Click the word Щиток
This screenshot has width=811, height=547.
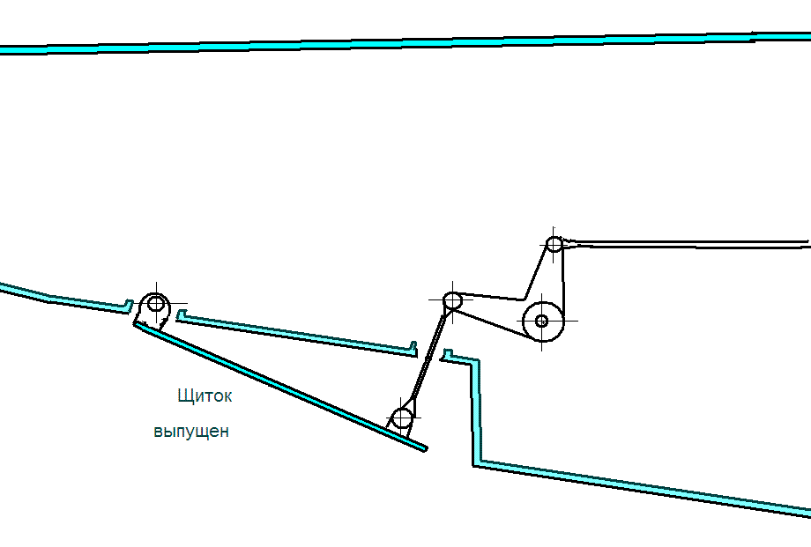tap(205, 396)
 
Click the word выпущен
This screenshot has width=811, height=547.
tap(191, 432)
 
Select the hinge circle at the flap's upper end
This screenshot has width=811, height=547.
tap(156, 303)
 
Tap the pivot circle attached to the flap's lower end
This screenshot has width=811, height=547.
tap(402, 418)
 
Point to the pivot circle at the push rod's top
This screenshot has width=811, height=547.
tap(452, 300)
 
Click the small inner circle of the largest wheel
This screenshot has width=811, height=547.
tap(541, 321)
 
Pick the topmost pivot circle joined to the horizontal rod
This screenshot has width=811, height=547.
tap(554, 243)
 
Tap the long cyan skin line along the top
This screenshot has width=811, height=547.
tap(405, 42)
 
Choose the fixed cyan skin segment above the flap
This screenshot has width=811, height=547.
tap(297, 334)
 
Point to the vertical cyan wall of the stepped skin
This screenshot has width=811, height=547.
tap(476, 411)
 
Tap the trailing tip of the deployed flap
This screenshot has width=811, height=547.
tap(425, 448)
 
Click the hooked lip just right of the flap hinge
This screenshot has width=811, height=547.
tap(181, 314)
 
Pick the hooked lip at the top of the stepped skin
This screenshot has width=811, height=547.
tap(447, 356)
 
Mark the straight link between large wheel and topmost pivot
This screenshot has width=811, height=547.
tap(562, 282)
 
